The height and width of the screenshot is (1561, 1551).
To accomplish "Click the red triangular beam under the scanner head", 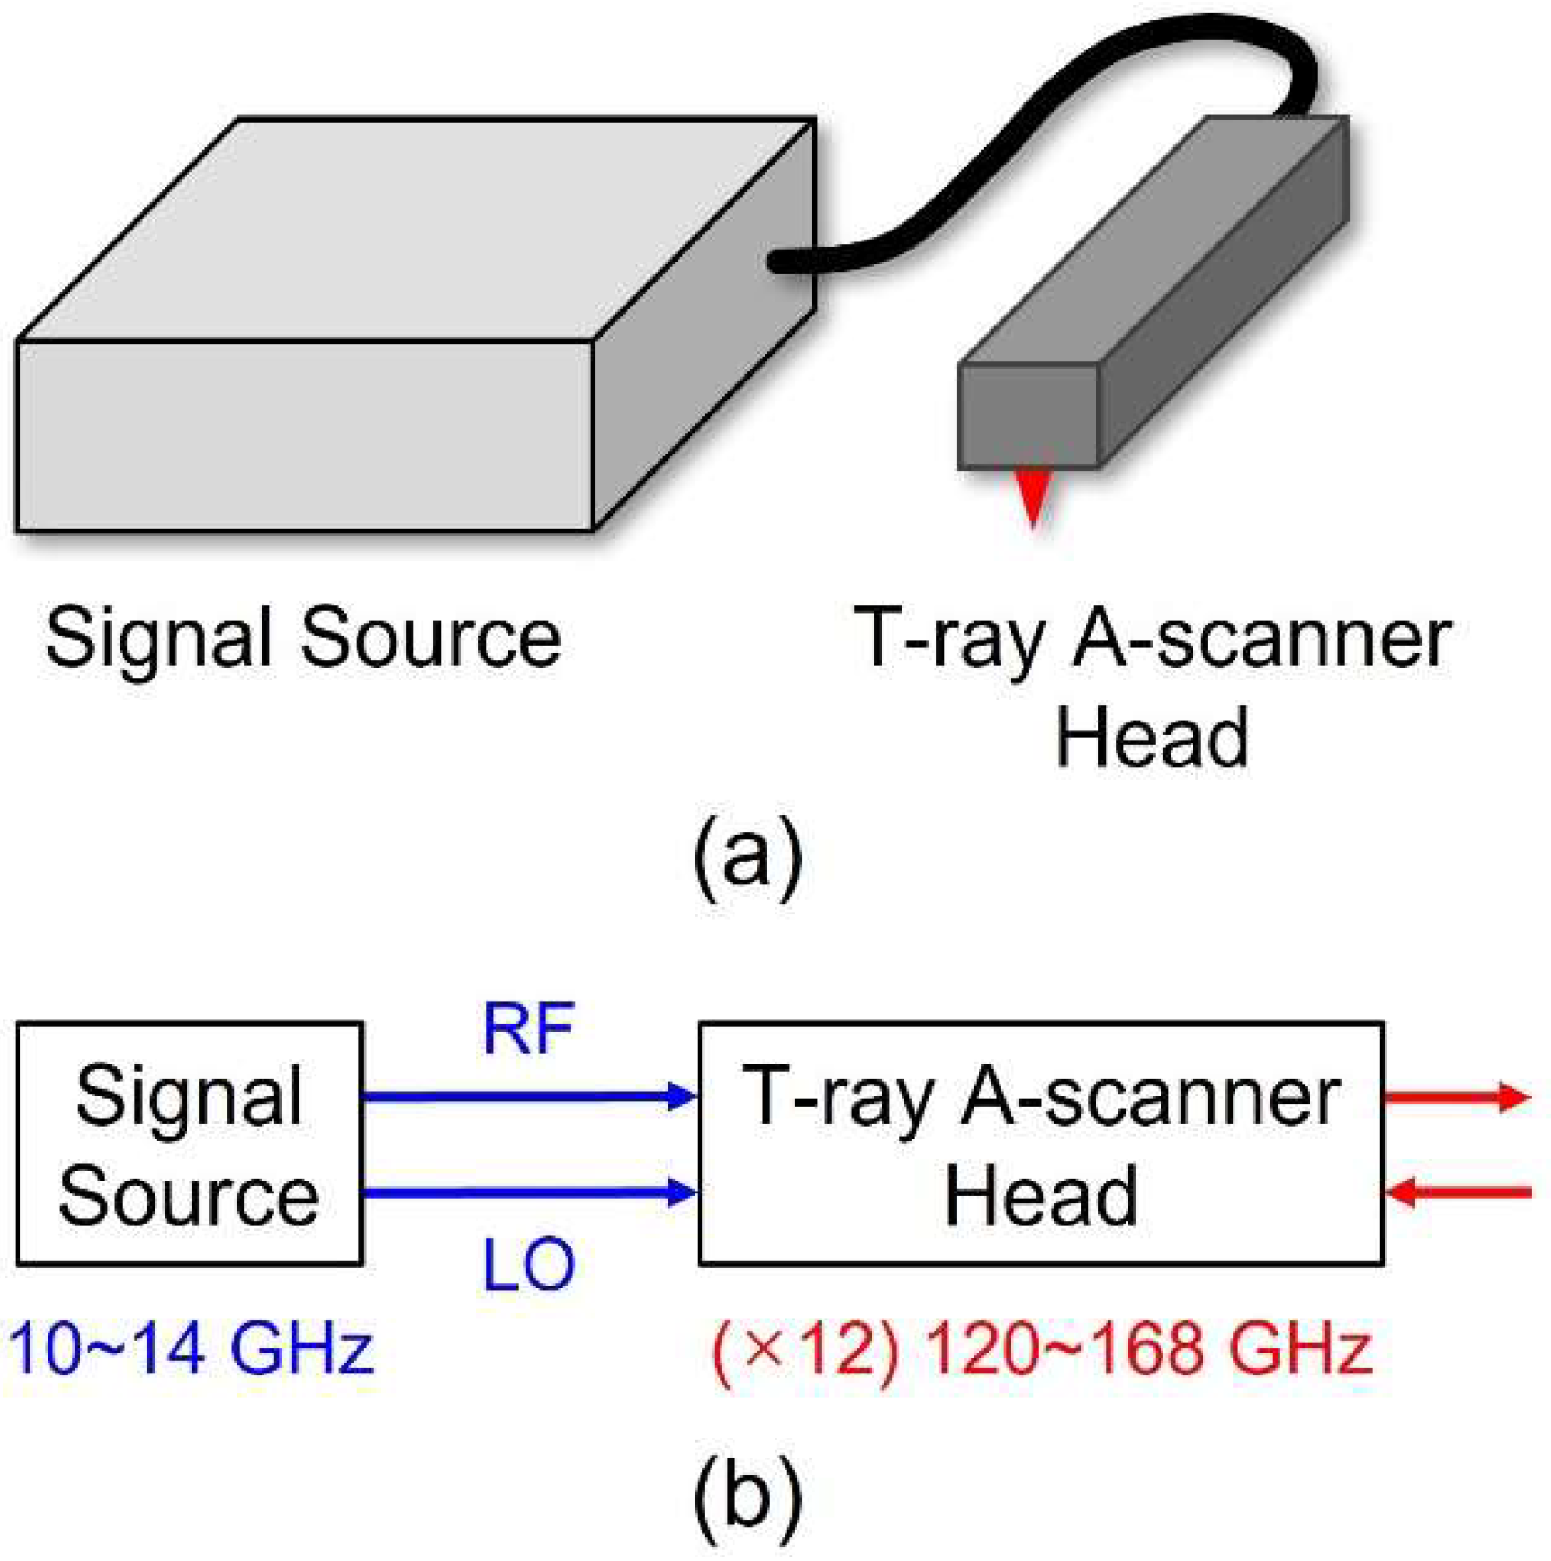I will [1033, 494].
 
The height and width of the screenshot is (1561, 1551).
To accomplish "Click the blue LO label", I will [529, 1266].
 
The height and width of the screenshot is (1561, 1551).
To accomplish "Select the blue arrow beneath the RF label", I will [530, 1096].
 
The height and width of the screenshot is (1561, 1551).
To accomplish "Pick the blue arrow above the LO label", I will [530, 1192].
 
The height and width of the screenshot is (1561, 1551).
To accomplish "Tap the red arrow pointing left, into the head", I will [1458, 1192].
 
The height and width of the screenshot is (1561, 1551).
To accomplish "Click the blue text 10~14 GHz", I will [192, 1349].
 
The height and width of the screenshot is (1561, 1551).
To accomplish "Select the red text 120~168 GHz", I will [1150, 1349].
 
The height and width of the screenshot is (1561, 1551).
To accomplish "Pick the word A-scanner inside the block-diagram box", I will [1151, 1096].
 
